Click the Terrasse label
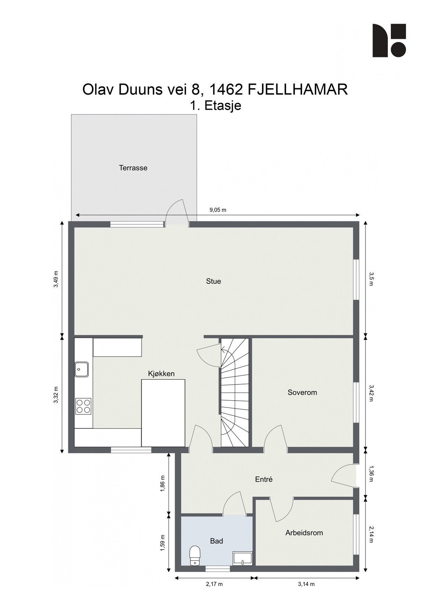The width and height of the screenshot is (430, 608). tap(133, 168)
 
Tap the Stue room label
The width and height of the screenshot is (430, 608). tap(213, 281)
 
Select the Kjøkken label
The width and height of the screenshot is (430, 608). tap(161, 374)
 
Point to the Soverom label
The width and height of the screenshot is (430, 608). tap(302, 392)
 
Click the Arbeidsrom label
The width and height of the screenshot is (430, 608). tap(304, 533)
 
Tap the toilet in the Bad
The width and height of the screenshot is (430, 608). tap(195, 556)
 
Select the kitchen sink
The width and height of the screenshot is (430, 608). tap(81, 369)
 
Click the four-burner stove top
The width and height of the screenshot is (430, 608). tap(83, 406)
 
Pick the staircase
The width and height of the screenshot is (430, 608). tap(235, 392)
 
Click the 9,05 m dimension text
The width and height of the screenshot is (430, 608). tap(218, 210)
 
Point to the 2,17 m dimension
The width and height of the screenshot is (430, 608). tap(214, 584)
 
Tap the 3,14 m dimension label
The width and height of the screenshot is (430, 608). tap(306, 584)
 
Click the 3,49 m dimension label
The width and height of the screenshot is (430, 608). tap(56, 279)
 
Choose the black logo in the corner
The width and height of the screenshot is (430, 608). tap(389, 40)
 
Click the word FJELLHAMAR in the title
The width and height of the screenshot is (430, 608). tap(298, 90)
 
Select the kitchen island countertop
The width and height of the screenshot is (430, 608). tap(163, 412)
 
